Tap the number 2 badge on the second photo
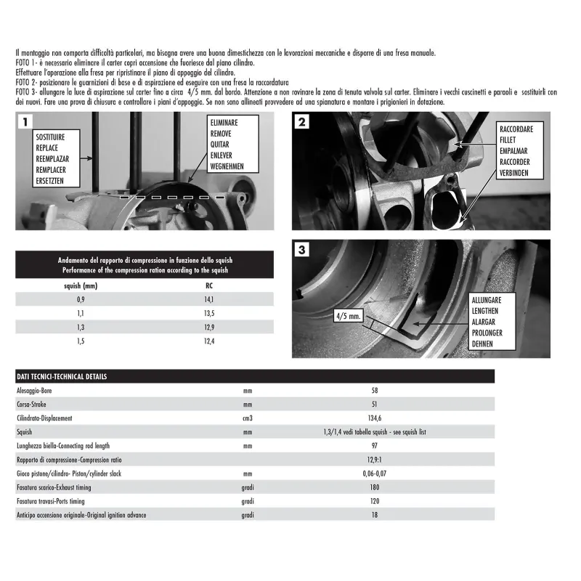coord(301,121)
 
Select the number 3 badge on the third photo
coord(301,249)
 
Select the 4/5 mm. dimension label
coord(349,317)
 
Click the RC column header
coord(209,285)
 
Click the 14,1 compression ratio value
coord(209,299)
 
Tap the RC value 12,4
coord(209,341)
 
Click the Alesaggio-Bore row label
coord(44,390)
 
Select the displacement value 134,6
coord(375,418)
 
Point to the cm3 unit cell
coord(248,418)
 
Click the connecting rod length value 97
coord(375,445)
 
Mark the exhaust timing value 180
coord(375,487)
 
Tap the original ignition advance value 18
coord(375,515)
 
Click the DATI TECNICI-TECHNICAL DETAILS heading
coord(62,377)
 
